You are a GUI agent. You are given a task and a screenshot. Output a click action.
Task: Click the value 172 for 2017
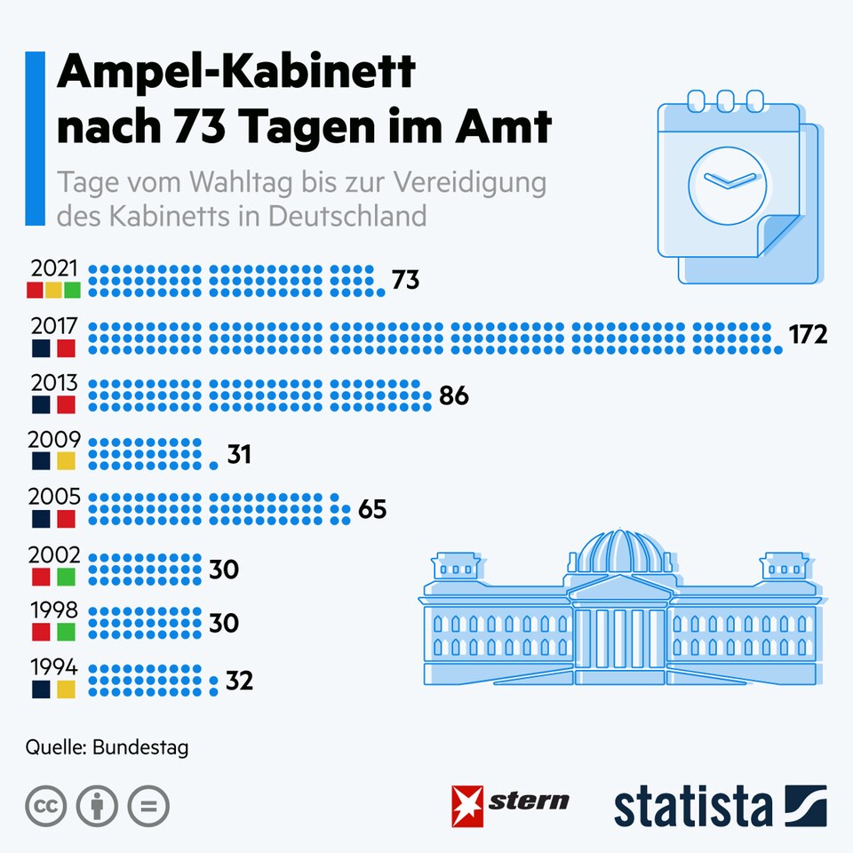pyautogui.click(x=808, y=335)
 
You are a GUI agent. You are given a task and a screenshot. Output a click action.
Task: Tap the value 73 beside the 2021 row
pyautogui.click(x=405, y=281)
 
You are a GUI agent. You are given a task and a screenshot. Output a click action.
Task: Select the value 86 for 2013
pyautogui.click(x=453, y=396)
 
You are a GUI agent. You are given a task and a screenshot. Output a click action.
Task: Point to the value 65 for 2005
pyautogui.click(x=372, y=511)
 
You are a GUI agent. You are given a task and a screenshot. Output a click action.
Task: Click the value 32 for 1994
pyautogui.click(x=239, y=682)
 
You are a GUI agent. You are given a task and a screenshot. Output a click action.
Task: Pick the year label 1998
pyautogui.click(x=55, y=611)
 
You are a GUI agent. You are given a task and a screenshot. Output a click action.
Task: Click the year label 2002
pyautogui.click(x=55, y=555)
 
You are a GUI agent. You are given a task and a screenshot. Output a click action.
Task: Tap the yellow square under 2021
pyautogui.click(x=53, y=291)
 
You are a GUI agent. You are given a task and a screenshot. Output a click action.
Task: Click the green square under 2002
pyautogui.click(x=67, y=577)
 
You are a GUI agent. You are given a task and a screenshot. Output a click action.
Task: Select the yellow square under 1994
pyautogui.click(x=67, y=690)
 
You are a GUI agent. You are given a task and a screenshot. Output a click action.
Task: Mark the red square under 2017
pyautogui.click(x=67, y=347)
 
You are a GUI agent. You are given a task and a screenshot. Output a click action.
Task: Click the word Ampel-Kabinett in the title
pyautogui.click(x=236, y=74)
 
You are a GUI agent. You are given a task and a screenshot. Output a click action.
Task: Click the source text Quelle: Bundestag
pyautogui.click(x=107, y=748)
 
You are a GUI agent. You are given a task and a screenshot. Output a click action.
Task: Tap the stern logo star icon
pyautogui.click(x=467, y=806)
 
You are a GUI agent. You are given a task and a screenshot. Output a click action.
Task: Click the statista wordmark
pyautogui.click(x=693, y=806)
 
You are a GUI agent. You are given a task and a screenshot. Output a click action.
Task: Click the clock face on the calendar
pyautogui.click(x=727, y=180)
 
